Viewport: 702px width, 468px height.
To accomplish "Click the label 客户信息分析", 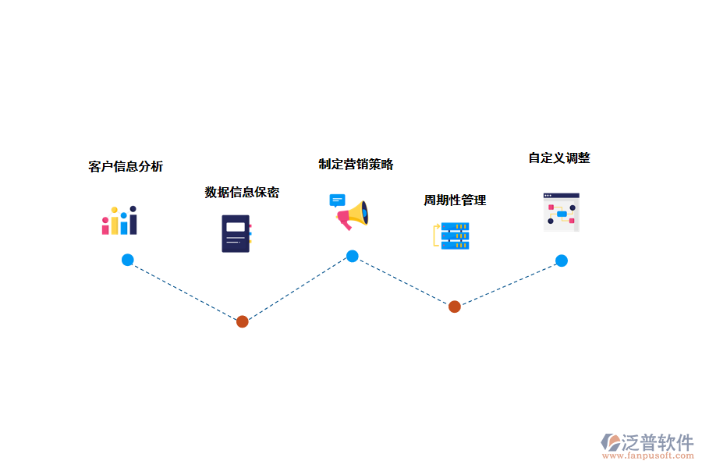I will (x=126, y=166).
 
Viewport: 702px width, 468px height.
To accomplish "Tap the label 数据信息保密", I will (x=242, y=192).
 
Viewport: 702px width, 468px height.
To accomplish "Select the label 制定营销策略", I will (x=356, y=164).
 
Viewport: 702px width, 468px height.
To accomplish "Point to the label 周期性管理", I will (x=455, y=200).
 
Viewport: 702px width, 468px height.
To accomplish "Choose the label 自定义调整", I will (x=559, y=158).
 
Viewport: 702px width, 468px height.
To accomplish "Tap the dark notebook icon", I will (x=236, y=233).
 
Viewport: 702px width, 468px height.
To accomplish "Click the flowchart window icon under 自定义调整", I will (x=561, y=212).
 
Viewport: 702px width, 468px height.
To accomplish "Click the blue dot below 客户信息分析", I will (x=127, y=260).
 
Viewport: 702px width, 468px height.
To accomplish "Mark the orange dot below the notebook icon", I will (x=243, y=321).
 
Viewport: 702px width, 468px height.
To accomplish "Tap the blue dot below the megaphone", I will (x=353, y=256).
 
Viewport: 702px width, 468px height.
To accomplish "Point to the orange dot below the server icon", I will (x=455, y=307).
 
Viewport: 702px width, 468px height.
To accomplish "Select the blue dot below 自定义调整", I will (x=561, y=261).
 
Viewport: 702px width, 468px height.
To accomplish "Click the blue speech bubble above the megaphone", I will (x=337, y=200).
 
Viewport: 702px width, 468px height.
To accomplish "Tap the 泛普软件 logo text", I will (x=657, y=442).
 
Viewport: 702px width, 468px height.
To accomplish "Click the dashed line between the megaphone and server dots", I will (x=403, y=281).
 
